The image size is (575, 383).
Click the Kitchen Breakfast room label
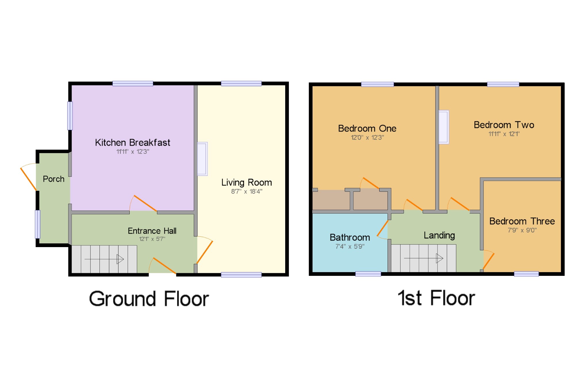tap(133, 143)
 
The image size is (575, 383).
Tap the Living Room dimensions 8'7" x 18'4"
tap(247, 191)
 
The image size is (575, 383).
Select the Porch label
tap(53, 179)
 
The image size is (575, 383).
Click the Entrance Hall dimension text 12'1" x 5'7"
tap(152, 239)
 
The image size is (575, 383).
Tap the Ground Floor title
tap(149, 299)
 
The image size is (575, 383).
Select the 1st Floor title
tap(436, 298)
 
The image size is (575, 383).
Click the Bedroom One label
tap(367, 128)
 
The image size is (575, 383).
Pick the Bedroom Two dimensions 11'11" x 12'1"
tap(504, 134)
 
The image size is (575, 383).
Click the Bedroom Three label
tap(522, 221)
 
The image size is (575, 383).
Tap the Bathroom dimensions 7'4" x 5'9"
tap(350, 247)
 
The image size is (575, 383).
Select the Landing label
tap(439, 236)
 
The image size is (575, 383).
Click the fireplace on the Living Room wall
tap(202, 159)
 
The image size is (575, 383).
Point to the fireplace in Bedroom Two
tap(444, 127)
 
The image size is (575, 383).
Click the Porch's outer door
tap(28, 179)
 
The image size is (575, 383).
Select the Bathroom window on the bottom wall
tap(368, 274)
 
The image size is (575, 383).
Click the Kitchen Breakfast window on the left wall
tap(70, 116)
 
